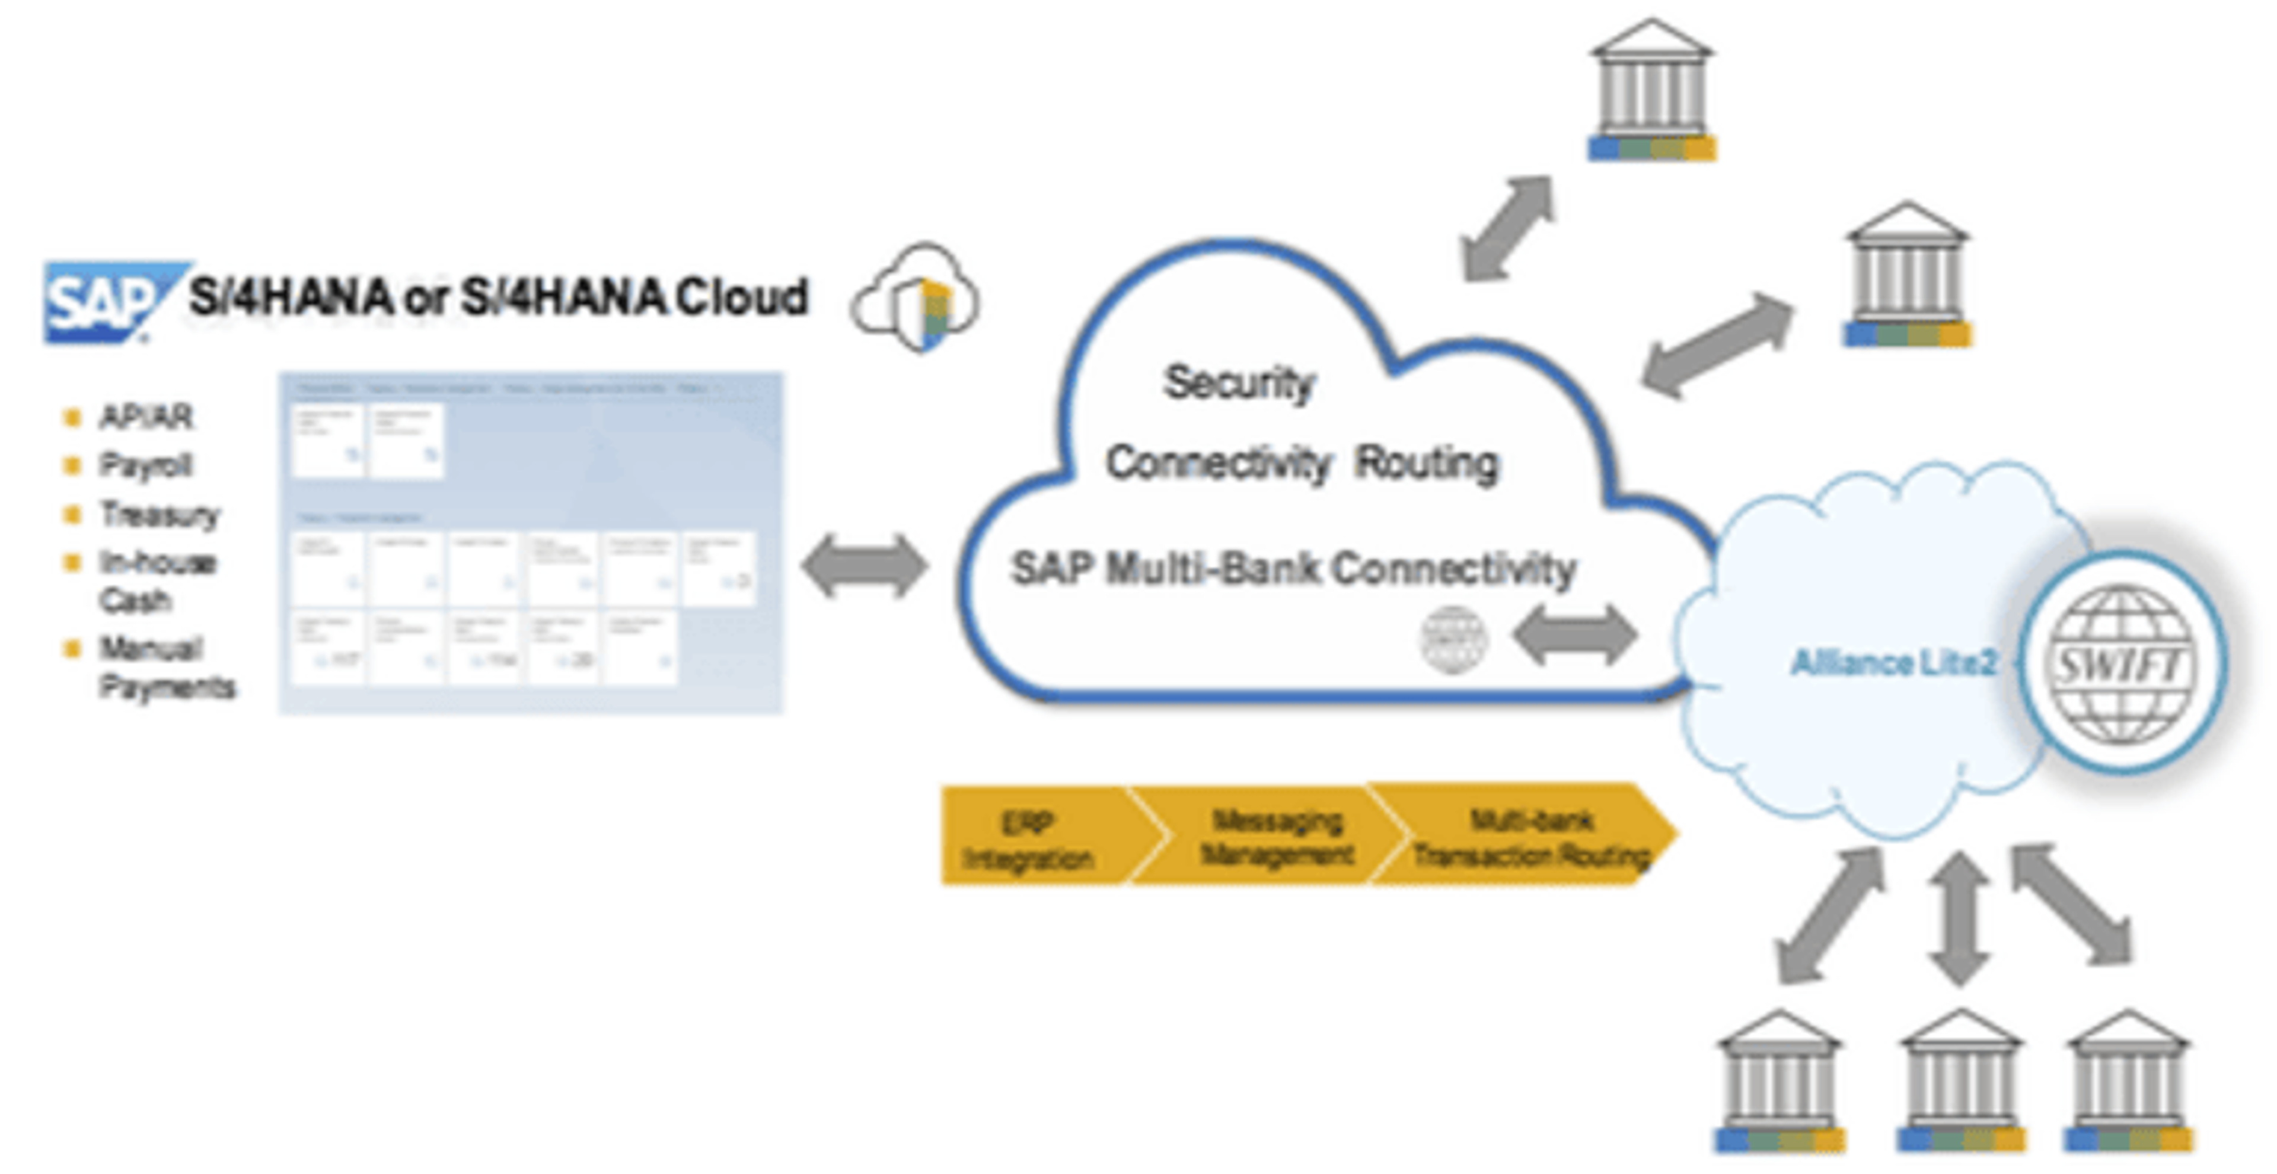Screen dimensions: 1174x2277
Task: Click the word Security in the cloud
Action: (1238, 384)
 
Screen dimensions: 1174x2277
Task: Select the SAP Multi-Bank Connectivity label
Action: (1292, 569)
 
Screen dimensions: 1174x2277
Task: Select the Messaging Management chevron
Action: (1277, 836)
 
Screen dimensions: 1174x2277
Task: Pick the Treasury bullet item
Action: (159, 513)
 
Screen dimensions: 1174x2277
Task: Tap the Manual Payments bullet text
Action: (164, 668)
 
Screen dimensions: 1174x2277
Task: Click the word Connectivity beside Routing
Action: (1218, 463)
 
